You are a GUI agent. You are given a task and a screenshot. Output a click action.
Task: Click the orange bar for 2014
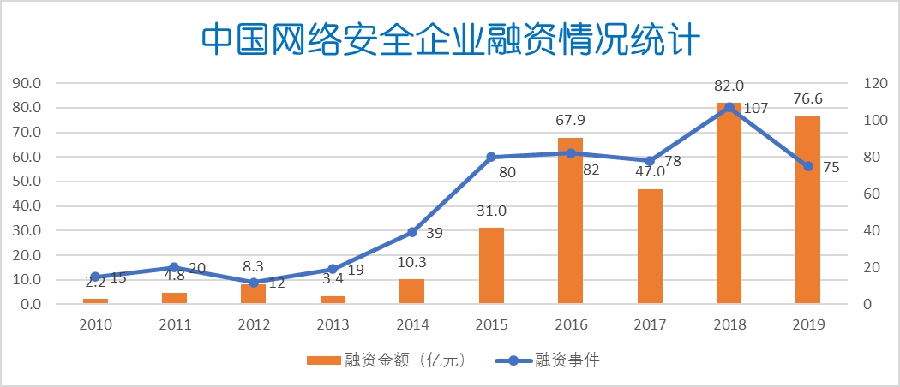(x=411, y=291)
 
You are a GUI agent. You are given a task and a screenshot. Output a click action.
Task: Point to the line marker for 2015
(x=491, y=157)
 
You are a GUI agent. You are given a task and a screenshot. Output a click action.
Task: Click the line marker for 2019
(x=807, y=166)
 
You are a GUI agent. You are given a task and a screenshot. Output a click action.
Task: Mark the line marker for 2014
(x=411, y=232)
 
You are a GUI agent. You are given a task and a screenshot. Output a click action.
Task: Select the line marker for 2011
(x=174, y=267)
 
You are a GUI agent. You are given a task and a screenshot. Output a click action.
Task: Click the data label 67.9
(x=570, y=120)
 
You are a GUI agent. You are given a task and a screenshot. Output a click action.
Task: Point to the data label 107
(x=756, y=109)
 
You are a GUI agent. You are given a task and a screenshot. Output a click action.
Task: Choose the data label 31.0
(x=491, y=211)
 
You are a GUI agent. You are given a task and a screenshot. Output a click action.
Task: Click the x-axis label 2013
(x=333, y=325)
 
